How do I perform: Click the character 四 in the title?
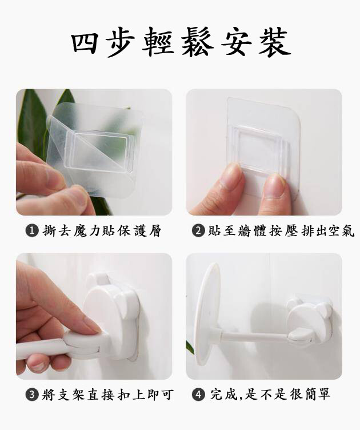pyautogui.click(x=85, y=42)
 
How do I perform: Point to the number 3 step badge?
pyautogui.click(x=32, y=395)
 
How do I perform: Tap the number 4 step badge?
pyautogui.click(x=198, y=395)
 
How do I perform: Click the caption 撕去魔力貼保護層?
pyautogui.click(x=102, y=231)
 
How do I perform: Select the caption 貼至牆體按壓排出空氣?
pyautogui.click(x=281, y=231)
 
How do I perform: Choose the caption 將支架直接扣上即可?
pyautogui.click(x=107, y=395)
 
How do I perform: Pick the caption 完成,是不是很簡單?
pyautogui.click(x=270, y=395)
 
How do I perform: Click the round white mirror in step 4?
pyautogui.click(x=209, y=314)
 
